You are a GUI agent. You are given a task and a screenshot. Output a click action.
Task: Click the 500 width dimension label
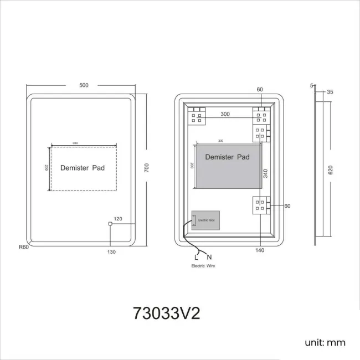[84, 85]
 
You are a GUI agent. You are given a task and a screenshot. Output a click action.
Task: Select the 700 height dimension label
[147, 168]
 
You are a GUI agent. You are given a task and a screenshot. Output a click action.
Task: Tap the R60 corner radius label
[23, 247]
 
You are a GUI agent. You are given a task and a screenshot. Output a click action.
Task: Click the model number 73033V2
[166, 313]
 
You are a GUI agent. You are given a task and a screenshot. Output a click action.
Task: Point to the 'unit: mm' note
[325, 343]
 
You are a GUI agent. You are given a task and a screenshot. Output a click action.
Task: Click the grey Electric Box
[206, 220]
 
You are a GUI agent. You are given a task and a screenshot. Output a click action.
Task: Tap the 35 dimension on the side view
[330, 92]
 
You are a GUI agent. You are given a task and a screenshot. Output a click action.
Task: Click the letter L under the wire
[196, 257]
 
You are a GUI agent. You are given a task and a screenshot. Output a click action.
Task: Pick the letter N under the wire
[209, 257]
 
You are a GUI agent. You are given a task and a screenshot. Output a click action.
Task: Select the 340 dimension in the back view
[265, 173]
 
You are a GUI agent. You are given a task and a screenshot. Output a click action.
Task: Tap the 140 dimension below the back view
[260, 250]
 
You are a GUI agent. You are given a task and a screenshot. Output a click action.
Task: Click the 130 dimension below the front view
[111, 252]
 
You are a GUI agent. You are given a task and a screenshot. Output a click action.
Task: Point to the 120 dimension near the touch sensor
[117, 219]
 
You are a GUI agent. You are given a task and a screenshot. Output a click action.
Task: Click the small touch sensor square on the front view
[110, 224]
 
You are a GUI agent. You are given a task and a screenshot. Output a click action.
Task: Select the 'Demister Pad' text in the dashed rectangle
[83, 167]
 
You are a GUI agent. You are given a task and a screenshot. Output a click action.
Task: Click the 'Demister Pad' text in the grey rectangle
[227, 157]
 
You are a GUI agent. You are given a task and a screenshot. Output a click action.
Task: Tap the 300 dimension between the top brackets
[225, 114]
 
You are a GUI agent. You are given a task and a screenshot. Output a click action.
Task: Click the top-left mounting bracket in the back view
[197, 116]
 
